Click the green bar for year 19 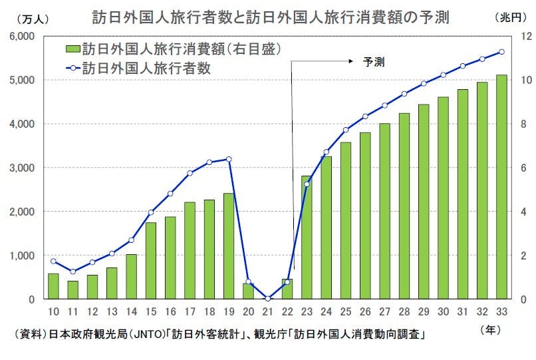[x=228, y=246]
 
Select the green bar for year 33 [x=501, y=187]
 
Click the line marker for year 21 [x=267, y=299]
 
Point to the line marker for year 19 [x=228, y=159]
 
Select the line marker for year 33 [x=501, y=52]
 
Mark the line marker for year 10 [x=53, y=261]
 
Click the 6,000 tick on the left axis [x=23, y=36]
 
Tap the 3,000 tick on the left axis [x=23, y=168]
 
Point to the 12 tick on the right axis [x=523, y=36]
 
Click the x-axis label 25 [x=345, y=311]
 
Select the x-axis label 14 [x=131, y=311]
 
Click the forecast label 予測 [x=374, y=62]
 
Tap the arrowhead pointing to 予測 [x=349, y=61]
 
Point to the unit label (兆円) [x=511, y=18]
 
